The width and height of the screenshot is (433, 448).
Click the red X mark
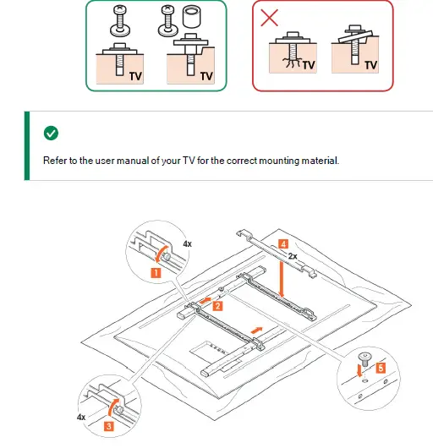point(269,18)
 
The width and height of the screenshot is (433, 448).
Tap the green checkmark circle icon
point(51,134)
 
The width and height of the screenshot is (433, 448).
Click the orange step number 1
point(156,273)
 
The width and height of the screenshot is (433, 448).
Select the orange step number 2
point(217,306)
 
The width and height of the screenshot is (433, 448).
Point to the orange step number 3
point(109,426)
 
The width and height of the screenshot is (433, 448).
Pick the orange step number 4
point(283,244)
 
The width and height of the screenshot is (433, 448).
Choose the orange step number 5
point(381,368)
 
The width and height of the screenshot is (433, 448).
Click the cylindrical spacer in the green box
point(191,18)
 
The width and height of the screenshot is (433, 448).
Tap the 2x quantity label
point(293,256)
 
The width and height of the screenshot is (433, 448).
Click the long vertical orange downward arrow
point(282,280)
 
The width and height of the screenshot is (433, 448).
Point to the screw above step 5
point(365,359)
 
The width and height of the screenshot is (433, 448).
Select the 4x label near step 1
point(187,244)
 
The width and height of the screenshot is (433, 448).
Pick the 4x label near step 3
point(81,418)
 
